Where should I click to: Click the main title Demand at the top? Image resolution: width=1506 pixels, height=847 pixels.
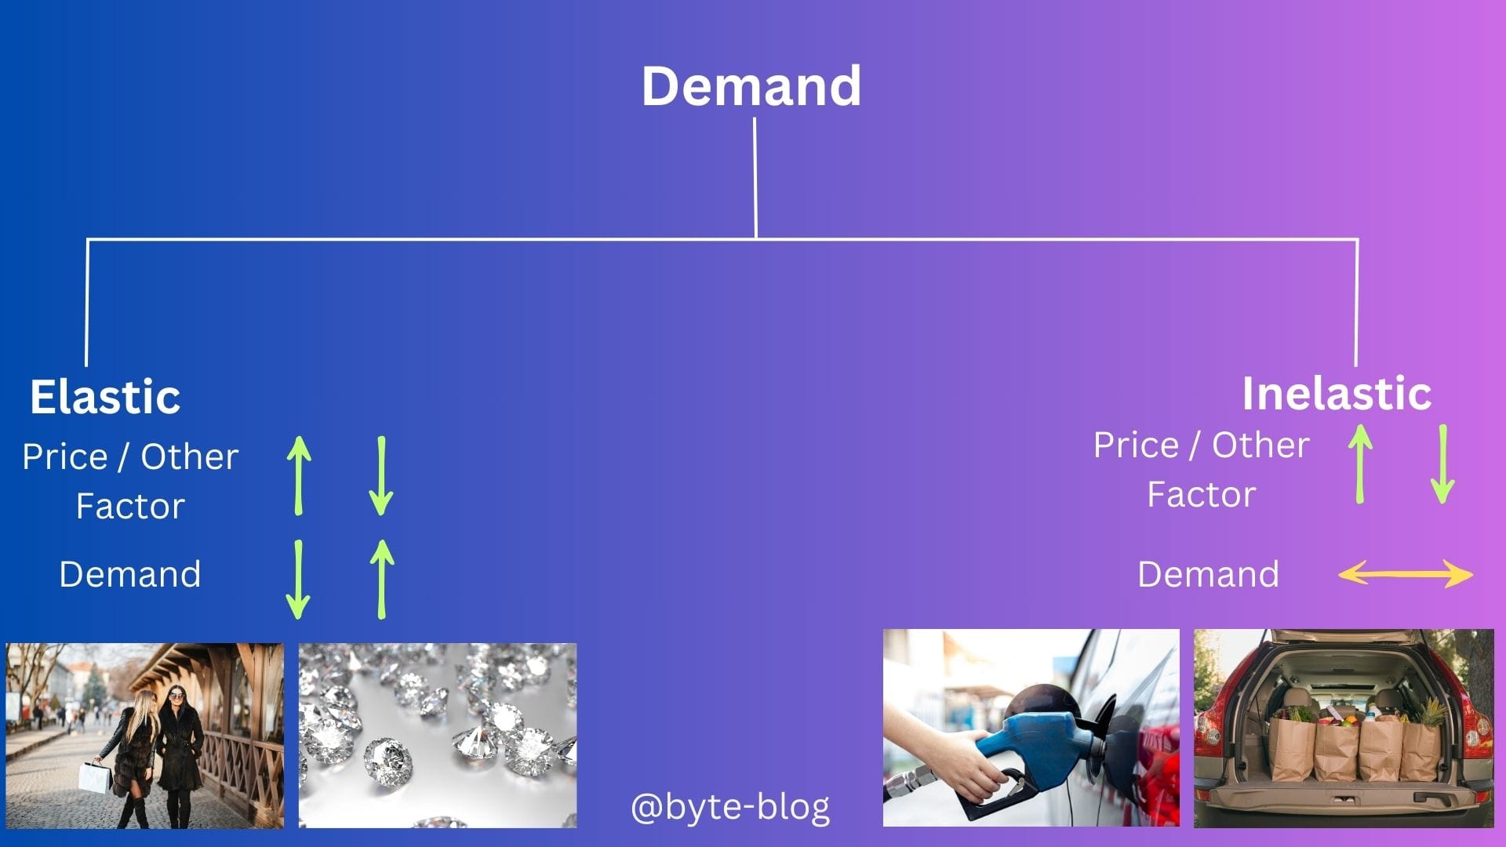pyautogui.click(x=751, y=85)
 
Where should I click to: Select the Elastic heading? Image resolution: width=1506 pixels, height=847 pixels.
pyautogui.click(x=105, y=396)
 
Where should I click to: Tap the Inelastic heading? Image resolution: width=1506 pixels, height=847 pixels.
pyautogui.click(x=1337, y=393)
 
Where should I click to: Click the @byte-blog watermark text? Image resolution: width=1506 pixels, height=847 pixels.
pyautogui.click(x=730, y=806)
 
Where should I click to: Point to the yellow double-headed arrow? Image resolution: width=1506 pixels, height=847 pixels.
pyautogui.click(x=1406, y=574)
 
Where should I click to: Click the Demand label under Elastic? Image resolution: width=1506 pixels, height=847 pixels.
pyautogui.click(x=130, y=574)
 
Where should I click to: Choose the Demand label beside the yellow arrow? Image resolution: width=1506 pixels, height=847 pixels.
pyautogui.click(x=1208, y=574)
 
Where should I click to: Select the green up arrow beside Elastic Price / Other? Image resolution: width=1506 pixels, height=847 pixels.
pyautogui.click(x=299, y=475)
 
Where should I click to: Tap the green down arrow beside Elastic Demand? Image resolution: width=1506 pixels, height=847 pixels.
pyautogui.click(x=298, y=579)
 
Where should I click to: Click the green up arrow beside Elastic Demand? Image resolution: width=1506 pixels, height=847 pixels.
pyautogui.click(x=382, y=579)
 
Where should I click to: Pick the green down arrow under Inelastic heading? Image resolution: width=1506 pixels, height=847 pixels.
pyautogui.click(x=1443, y=464)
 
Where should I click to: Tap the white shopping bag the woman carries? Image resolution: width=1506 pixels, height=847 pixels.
pyautogui.click(x=94, y=776)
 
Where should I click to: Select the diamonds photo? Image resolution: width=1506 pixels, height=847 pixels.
pyautogui.click(x=438, y=736)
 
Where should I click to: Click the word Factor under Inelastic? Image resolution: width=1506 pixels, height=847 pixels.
pyautogui.click(x=1202, y=495)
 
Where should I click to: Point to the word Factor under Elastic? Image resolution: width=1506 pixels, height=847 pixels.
pyautogui.click(x=130, y=507)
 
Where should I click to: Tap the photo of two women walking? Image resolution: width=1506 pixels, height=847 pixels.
pyautogui.click(x=145, y=736)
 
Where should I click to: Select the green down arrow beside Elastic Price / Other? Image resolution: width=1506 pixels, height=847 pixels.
pyautogui.click(x=381, y=475)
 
